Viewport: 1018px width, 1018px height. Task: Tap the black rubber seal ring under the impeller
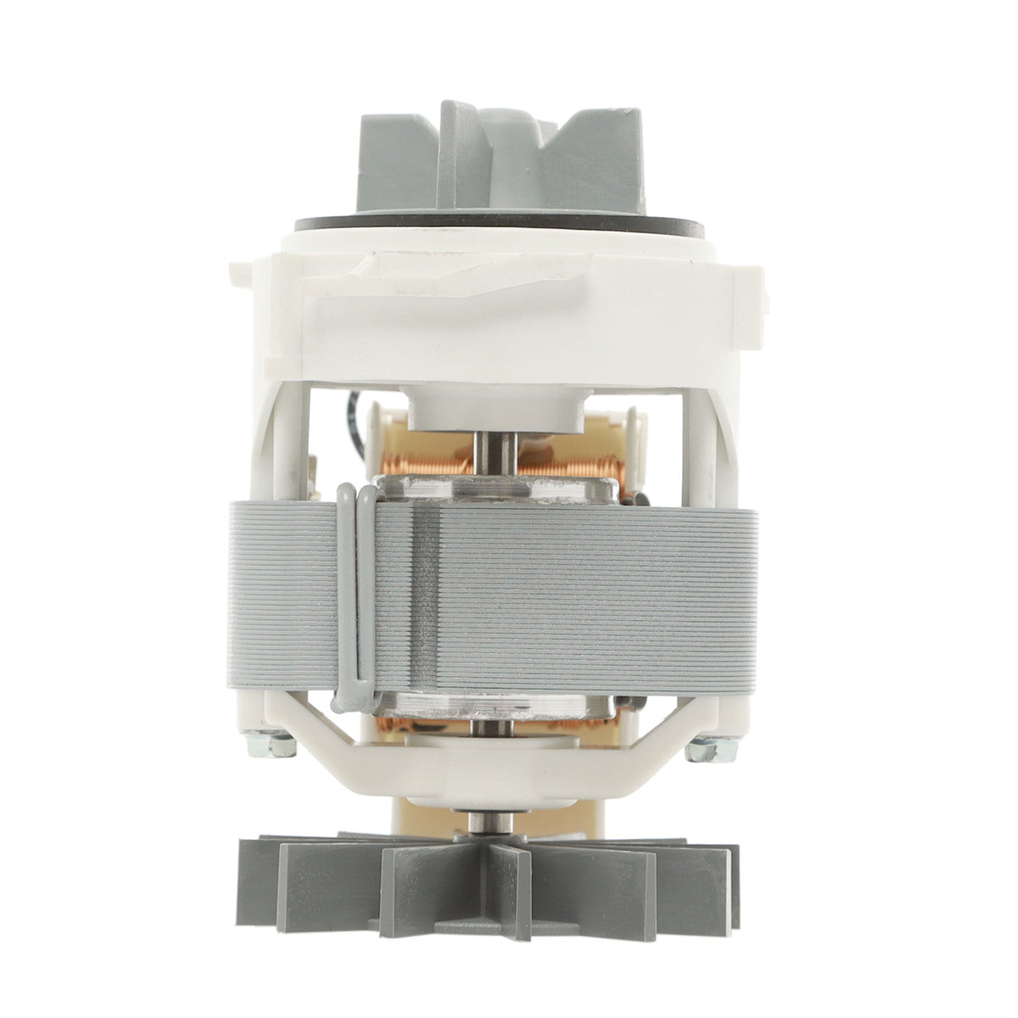click(501, 227)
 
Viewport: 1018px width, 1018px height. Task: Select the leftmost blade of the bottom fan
click(263, 887)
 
